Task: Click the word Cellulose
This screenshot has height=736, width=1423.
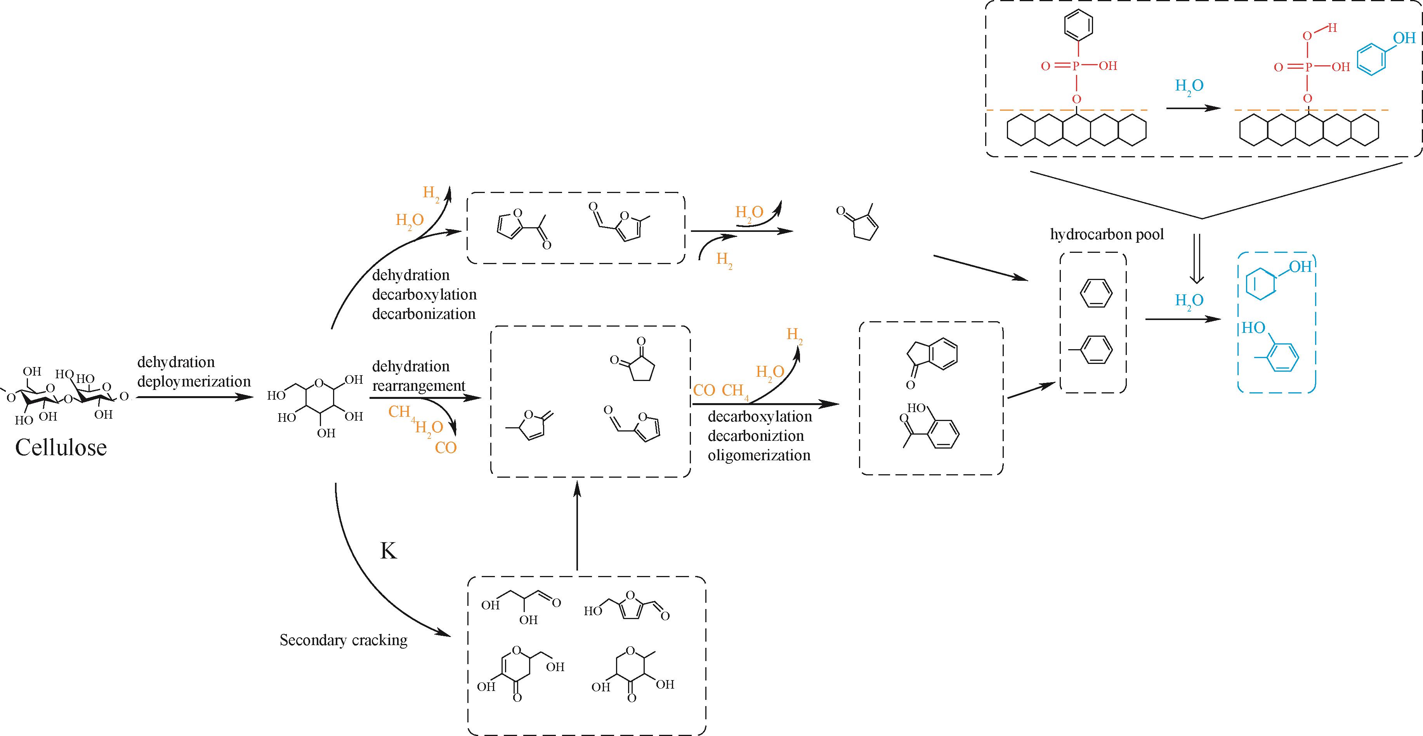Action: click(61, 447)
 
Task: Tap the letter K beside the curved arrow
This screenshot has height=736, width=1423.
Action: click(388, 551)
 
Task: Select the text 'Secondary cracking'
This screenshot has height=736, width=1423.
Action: click(343, 640)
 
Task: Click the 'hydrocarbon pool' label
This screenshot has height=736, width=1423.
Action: click(1107, 234)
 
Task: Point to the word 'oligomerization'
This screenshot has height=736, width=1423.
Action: click(759, 455)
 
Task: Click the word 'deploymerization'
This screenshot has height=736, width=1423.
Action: click(194, 381)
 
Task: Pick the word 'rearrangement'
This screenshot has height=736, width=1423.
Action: click(419, 386)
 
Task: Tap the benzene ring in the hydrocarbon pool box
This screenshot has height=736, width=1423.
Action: click(1095, 293)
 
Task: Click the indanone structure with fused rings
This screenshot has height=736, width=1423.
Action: click(934, 358)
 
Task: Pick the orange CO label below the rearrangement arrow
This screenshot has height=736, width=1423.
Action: click(445, 447)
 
